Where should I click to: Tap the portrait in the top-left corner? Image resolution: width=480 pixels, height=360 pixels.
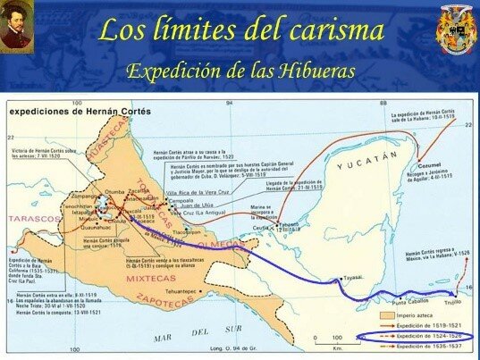[x=16, y=24]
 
